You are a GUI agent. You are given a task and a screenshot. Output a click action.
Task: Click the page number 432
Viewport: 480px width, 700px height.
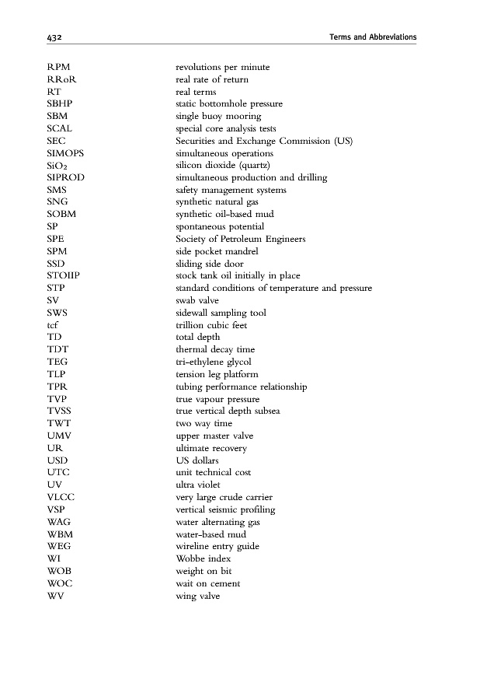tap(54, 37)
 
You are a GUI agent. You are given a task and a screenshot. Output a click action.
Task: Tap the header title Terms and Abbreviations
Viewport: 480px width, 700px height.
tap(373, 37)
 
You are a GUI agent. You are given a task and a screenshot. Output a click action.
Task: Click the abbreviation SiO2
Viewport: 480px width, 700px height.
tap(59, 166)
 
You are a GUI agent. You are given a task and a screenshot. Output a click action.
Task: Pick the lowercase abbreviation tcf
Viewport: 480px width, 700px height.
tap(53, 324)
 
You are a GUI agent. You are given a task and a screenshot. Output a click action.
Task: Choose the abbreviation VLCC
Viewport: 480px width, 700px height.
tap(61, 497)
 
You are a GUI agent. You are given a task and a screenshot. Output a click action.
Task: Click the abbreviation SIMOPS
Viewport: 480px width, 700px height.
tap(66, 153)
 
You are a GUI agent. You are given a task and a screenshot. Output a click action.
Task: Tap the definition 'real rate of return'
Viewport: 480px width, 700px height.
tap(212, 79)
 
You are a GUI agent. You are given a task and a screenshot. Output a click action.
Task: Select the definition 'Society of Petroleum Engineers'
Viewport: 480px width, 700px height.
tap(241, 239)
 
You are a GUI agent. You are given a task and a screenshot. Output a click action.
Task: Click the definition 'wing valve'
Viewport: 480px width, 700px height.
tap(198, 596)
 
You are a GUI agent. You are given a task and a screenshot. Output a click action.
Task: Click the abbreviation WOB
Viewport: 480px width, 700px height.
tap(59, 571)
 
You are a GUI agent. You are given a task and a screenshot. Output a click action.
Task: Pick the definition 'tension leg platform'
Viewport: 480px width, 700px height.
tap(217, 374)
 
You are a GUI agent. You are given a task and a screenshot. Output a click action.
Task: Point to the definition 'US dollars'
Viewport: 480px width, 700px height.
tap(197, 460)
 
